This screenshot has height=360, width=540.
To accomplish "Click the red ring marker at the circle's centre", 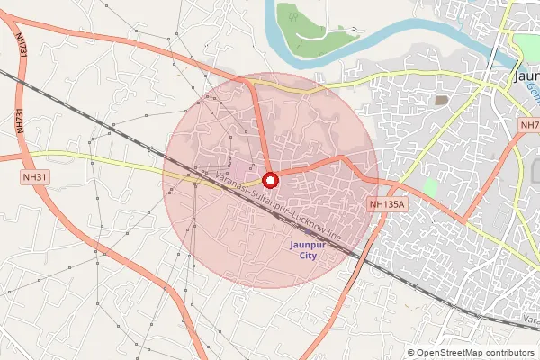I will (269, 179).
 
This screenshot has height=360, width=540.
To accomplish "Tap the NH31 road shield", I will (35, 177).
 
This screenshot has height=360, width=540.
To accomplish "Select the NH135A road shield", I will (389, 205).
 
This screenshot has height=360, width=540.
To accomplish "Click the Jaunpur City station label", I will (309, 249).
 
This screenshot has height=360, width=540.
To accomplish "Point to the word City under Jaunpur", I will (309, 256).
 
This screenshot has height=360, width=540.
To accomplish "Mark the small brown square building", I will (441, 100).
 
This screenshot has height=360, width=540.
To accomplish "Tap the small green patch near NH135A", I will (430, 188).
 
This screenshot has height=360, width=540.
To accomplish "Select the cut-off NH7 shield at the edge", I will (529, 123).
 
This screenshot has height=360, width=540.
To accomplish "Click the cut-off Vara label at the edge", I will (530, 319).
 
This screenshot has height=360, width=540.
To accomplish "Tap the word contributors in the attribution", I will (512, 353).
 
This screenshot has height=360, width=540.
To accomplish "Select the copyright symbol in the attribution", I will (411, 353).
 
